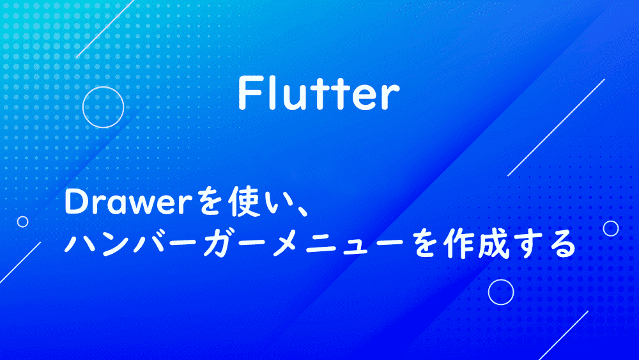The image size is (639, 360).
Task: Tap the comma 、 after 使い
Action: pyautogui.click(x=301, y=210)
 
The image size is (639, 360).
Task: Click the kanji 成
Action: pyautogui.click(x=493, y=244)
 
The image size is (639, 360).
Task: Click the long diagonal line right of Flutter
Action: pyautogui.click(x=557, y=127)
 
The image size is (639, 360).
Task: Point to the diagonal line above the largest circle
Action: pyautogui.click(x=105, y=29)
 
